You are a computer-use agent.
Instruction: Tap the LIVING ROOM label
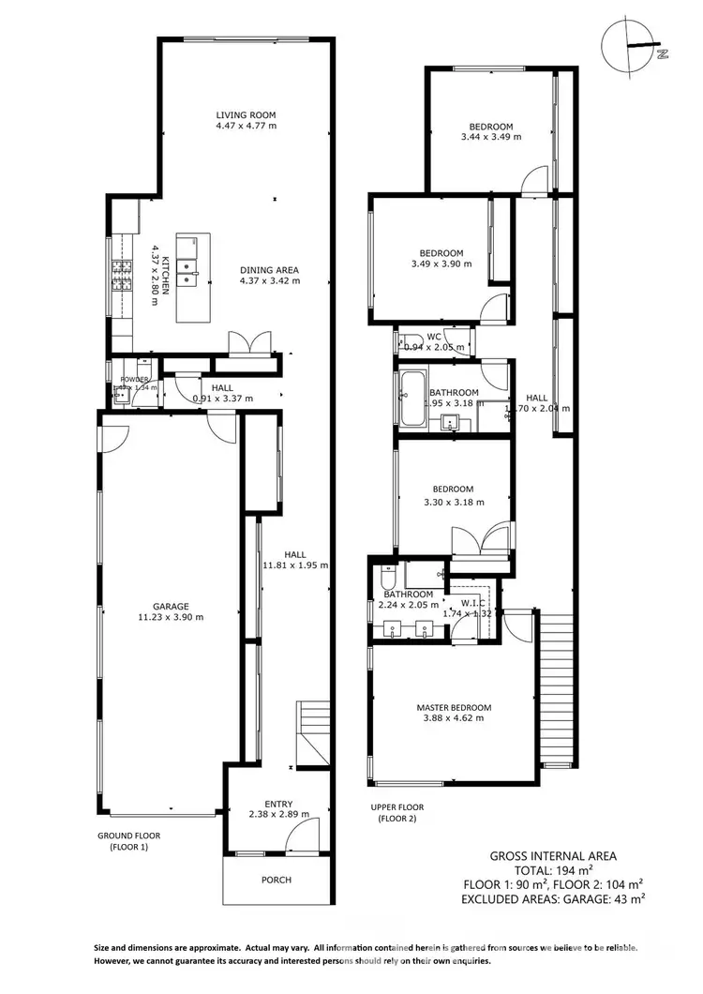246,113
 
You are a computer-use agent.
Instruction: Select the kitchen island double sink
189,272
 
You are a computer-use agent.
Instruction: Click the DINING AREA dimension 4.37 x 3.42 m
269,280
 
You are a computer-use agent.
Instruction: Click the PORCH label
277,880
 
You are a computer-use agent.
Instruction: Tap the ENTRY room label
278,804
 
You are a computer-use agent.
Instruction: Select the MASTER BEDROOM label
454,707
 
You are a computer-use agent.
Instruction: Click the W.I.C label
473,603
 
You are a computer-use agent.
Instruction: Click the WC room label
434,337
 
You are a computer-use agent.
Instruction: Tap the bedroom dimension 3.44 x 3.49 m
491,137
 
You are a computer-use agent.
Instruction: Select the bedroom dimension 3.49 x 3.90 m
441,264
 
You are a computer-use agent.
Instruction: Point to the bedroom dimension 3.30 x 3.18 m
454,502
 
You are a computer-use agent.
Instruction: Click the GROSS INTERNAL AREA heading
553,855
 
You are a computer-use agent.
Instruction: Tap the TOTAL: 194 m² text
553,869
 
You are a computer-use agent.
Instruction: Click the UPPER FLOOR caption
398,807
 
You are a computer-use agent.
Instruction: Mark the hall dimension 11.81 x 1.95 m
296,565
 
